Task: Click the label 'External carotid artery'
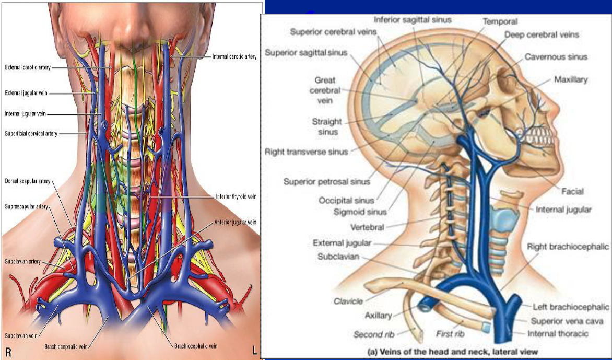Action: click(27, 68)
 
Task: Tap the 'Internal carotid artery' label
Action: click(234, 56)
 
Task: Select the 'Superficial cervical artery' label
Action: click(31, 134)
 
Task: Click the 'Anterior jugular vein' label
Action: click(235, 222)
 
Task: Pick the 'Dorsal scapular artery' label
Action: click(27, 181)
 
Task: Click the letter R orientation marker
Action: click(9, 353)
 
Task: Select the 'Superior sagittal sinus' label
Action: click(306, 53)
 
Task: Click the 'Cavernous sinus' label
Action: click(556, 57)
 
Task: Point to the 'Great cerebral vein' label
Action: click(325, 90)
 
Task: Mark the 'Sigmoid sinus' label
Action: click(360, 212)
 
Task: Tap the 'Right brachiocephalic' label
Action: click(568, 246)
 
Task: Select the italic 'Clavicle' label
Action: click(348, 301)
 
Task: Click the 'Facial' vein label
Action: click(572, 192)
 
